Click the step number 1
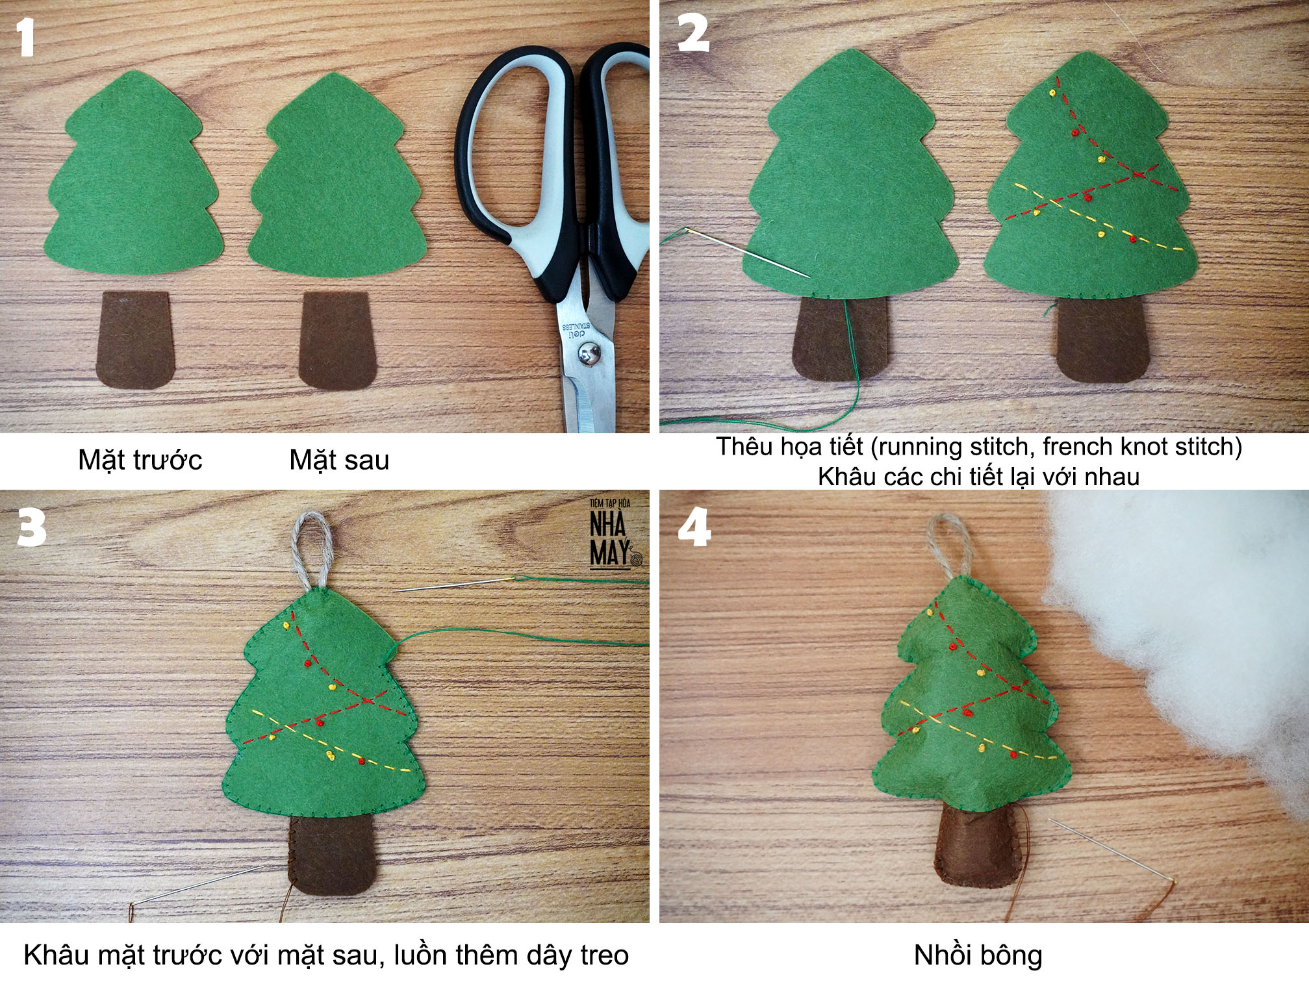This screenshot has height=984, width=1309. tap(25, 37)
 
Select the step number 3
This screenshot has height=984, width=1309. tap(32, 527)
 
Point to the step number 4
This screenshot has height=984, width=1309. tap(694, 527)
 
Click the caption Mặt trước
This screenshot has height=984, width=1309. tap(140, 460)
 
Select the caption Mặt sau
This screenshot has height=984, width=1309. tap(339, 460)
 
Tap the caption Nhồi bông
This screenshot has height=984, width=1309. tap(978, 955)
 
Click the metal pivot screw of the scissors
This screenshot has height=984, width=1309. tap(590, 355)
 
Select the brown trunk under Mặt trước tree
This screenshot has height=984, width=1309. tap(135, 340)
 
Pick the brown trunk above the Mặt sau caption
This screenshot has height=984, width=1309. tap(337, 340)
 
